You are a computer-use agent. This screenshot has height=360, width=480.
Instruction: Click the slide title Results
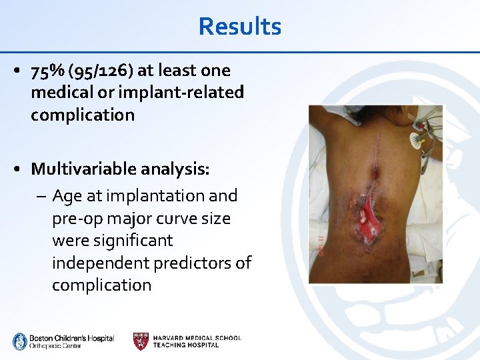tap(240, 27)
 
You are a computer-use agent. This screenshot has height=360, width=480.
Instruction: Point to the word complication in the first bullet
tap(83, 115)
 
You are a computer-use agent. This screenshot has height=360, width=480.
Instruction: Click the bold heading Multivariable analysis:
tap(120, 169)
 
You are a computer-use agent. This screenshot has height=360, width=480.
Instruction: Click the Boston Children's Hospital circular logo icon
tap(20, 341)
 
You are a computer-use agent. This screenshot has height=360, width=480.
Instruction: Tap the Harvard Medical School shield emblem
tap(141, 341)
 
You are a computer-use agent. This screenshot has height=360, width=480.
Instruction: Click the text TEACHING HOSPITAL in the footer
tap(185, 345)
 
